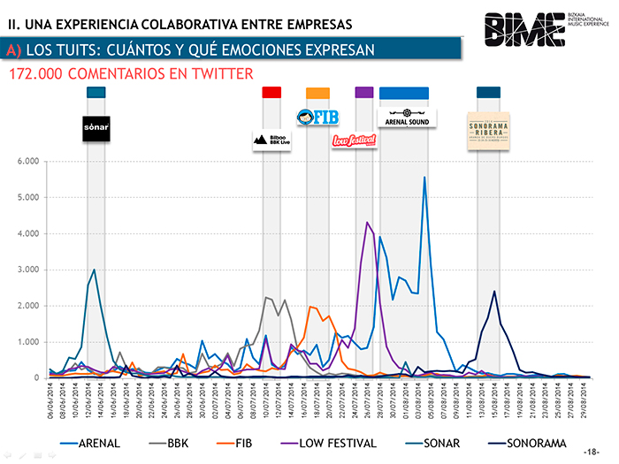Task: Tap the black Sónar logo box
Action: click(x=96, y=128)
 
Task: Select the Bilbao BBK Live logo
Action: click(x=271, y=139)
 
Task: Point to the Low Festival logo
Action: click(x=354, y=140)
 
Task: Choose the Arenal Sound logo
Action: click(x=407, y=118)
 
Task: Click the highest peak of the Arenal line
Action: click(x=424, y=178)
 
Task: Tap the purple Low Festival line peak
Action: click(x=367, y=223)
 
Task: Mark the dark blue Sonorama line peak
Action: click(x=494, y=292)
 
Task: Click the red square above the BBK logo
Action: click(x=271, y=92)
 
